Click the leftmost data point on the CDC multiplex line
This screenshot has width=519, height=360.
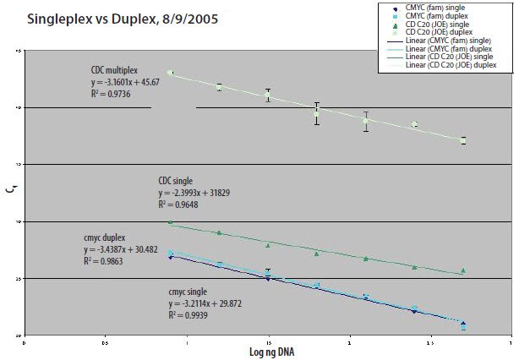pos(171,73)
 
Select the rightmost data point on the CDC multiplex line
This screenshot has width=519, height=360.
pos(463,140)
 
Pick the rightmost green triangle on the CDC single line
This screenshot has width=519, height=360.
pos(463,270)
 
